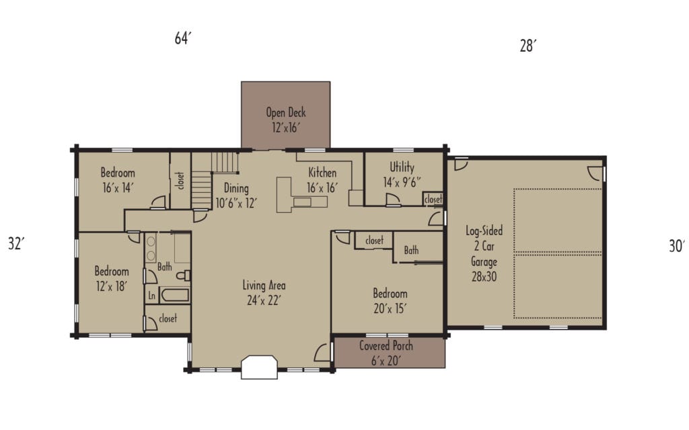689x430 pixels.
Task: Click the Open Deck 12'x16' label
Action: point(285,120)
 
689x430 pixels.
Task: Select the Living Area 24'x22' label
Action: point(264,292)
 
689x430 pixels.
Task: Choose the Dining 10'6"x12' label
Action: point(236,196)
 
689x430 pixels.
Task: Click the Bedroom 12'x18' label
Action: point(111,278)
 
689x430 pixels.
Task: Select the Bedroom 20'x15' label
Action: point(390,301)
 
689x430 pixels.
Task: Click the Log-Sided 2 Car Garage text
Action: point(484,253)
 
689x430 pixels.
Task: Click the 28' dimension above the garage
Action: point(528,46)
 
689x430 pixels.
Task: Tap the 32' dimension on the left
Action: point(16,243)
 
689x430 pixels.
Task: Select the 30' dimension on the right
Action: point(676,247)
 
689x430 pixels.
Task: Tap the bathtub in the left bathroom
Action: point(175,295)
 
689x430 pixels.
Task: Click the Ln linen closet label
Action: point(152,295)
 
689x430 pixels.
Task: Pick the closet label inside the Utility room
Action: point(433,200)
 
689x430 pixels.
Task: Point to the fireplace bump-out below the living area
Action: point(259,368)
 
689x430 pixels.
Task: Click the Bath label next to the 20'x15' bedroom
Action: point(411,251)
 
